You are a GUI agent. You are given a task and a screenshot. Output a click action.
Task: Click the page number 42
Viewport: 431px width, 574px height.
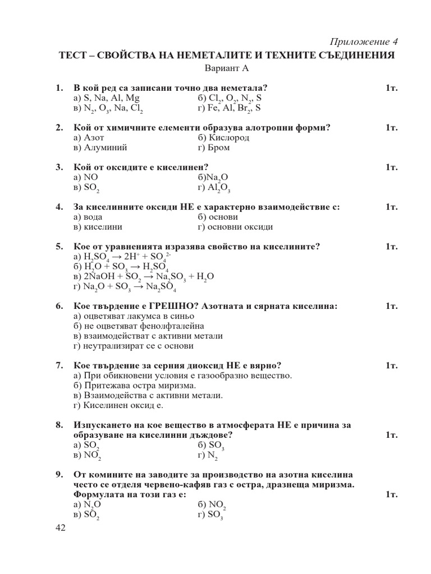click(61, 528)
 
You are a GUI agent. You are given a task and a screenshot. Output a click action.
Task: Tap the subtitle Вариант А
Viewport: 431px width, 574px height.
click(227, 68)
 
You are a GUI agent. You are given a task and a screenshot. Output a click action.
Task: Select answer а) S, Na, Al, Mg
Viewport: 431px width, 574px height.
click(106, 98)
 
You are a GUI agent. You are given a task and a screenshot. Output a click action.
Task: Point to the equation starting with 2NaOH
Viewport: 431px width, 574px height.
click(144, 277)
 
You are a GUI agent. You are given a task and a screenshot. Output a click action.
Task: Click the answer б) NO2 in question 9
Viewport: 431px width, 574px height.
click(212, 504)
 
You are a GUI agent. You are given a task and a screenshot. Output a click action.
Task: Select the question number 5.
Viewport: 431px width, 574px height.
click(59, 247)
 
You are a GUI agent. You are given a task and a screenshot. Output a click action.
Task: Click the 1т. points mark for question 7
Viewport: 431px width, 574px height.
click(392, 365)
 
